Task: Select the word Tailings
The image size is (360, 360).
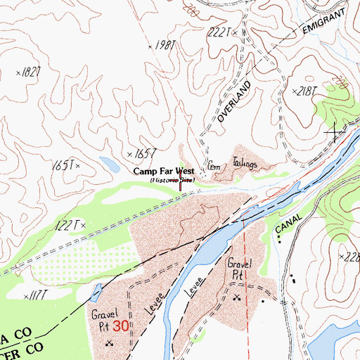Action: click(243, 165)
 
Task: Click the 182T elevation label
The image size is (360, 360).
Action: click(30, 72)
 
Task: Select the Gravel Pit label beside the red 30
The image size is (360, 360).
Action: click(100, 321)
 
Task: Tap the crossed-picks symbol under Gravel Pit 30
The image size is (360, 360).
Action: click(109, 343)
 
